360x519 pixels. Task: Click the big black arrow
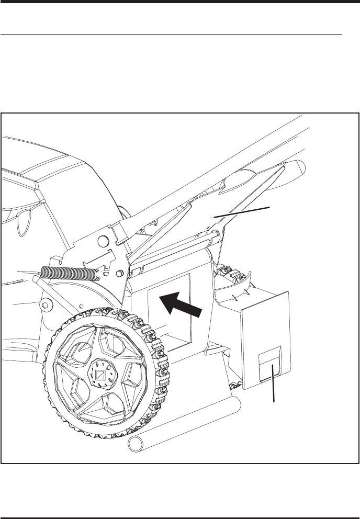click(x=180, y=307)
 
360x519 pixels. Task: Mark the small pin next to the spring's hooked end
click(x=120, y=273)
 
